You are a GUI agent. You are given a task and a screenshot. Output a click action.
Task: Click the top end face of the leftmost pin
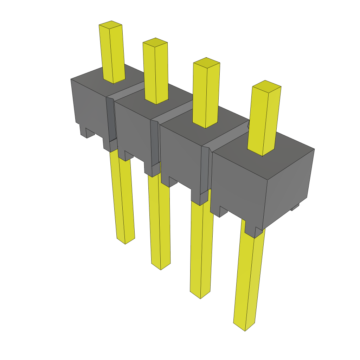coord(110,25)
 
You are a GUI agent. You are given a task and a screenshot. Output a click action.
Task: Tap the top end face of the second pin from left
coord(155,42)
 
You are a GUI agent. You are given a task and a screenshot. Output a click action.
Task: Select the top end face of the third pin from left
coord(206,63)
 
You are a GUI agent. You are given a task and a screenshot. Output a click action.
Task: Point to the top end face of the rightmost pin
coord(267,85)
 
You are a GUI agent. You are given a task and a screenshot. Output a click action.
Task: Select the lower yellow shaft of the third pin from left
coord(201,246)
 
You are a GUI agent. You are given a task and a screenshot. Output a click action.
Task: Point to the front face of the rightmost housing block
coord(239,186)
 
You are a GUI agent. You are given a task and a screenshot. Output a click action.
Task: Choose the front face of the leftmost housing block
coord(90,105)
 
